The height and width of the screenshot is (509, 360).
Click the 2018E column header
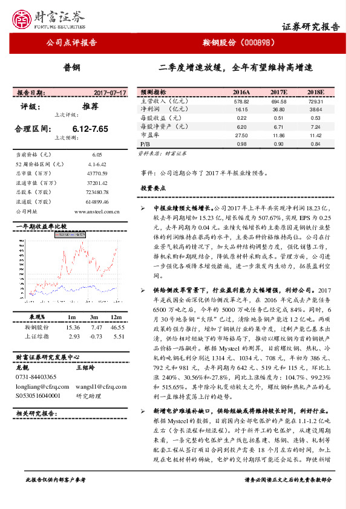tap(315, 92)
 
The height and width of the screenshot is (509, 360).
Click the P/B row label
tap(145, 144)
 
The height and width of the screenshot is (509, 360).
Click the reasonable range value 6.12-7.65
tap(90, 129)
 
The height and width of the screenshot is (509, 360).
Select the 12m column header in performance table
tap(117, 317)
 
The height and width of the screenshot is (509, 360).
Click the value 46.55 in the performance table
tap(117, 326)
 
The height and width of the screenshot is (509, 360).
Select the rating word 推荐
tap(90, 106)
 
